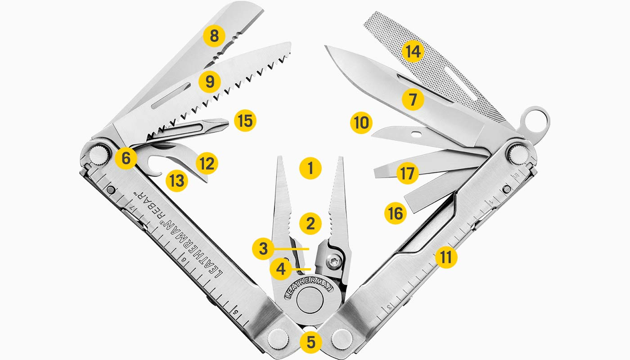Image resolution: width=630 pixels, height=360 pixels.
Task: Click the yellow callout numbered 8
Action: click(x=214, y=36)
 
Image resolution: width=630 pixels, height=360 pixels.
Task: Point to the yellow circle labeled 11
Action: click(x=446, y=257)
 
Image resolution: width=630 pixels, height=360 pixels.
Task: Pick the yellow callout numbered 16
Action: click(x=396, y=213)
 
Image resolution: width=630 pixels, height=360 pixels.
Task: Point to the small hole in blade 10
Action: click(x=418, y=133)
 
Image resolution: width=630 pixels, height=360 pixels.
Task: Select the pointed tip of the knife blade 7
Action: click(x=326, y=47)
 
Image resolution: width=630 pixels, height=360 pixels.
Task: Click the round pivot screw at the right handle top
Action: click(x=518, y=153)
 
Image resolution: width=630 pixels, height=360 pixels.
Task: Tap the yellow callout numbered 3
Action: click(x=263, y=249)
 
